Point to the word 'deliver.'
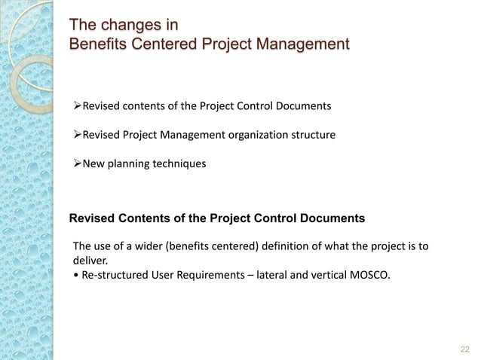[90, 260]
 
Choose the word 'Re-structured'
[115, 275]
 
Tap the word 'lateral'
[275, 275]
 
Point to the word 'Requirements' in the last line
[212, 275]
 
